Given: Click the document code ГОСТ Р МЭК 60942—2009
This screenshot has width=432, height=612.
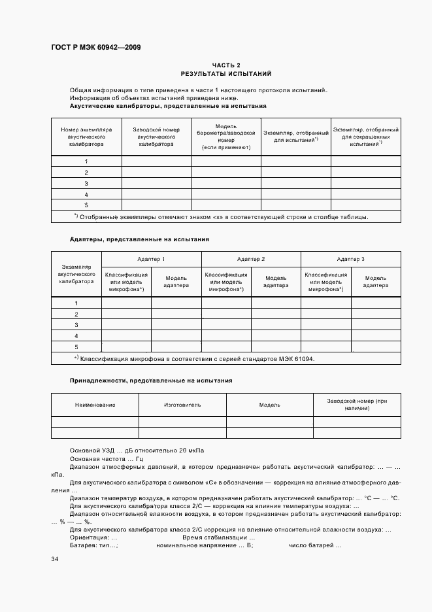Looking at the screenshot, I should coord(95,48).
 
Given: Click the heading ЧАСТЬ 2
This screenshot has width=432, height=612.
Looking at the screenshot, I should coord(226,65).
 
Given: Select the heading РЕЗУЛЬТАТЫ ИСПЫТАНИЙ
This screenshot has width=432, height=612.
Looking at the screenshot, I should coord(226,74).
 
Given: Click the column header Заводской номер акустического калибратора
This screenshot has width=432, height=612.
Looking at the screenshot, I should coord(156,137).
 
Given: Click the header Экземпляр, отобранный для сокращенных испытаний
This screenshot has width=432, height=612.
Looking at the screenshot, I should coord(365,137).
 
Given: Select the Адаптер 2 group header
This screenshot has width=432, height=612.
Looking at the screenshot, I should coord(251,260).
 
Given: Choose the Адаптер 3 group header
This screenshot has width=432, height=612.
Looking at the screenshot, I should coord(351,260).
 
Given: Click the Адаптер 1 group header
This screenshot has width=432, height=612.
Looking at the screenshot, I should coord(151,260).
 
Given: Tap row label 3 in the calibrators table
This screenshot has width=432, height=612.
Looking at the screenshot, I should coord(86,184).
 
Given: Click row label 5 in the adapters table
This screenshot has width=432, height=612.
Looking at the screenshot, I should coord(76,347).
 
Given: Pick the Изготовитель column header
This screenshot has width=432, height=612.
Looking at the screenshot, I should coord(182,405).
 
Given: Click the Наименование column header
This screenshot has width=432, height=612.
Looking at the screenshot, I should coord(95,405).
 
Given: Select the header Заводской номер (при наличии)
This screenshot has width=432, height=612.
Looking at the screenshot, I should coord(357,404).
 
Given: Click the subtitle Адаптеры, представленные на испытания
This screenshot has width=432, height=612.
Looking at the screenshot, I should coord(139,239).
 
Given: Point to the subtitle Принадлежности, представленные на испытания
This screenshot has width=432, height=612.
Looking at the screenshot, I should coord(150,380).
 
